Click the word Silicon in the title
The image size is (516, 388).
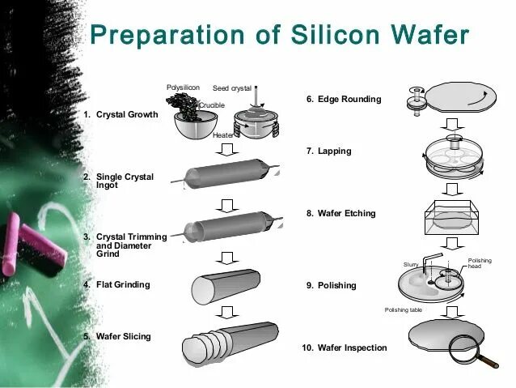326,36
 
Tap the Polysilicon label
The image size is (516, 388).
183,87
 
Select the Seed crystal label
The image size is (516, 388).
232,87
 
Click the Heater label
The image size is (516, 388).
224,135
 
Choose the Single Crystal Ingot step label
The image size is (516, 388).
125,181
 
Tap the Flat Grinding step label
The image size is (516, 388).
122,285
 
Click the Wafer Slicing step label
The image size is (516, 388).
123,336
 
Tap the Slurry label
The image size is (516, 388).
409,265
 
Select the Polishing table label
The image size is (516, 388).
402,310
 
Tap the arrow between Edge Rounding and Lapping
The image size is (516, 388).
454,126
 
